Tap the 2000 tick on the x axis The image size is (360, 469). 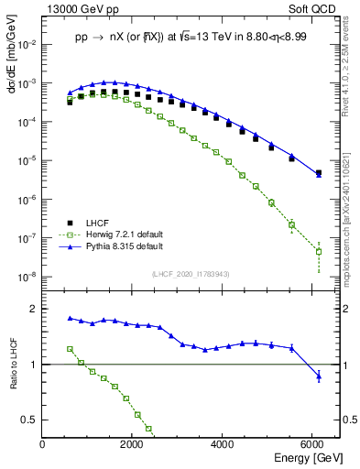click(x=133, y=445)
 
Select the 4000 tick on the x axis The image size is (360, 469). click(x=224, y=445)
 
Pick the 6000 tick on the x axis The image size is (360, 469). click(x=313, y=445)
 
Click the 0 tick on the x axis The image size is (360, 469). click(x=43, y=445)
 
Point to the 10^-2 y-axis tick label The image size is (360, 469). click(x=27, y=44)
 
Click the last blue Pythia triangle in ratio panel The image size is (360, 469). click(x=319, y=376)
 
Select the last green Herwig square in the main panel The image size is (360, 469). click(x=319, y=251)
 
